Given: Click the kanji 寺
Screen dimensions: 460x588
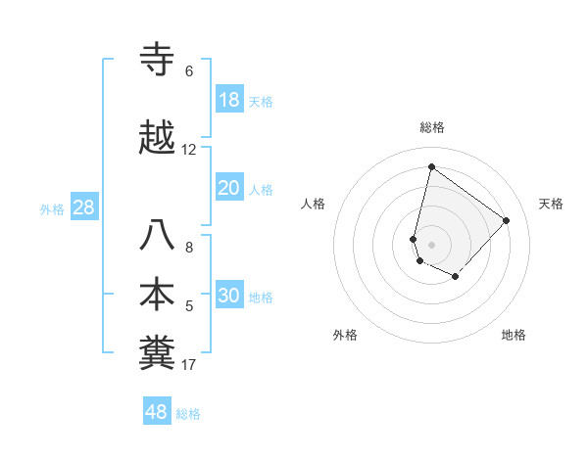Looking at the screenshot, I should click(x=159, y=60).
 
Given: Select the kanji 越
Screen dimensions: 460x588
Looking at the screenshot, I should click(x=159, y=138).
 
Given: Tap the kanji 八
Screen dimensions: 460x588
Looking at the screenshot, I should click(x=159, y=236).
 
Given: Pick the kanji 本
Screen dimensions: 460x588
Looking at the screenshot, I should click(x=159, y=295).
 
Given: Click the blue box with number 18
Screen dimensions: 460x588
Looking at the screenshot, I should click(x=229, y=100).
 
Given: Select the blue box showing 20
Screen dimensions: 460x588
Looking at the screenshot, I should click(x=229, y=188).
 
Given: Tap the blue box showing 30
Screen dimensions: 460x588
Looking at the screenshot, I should click(x=229, y=296).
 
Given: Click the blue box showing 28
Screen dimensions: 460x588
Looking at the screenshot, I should click(x=83, y=207).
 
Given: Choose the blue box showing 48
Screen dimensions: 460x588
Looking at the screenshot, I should click(x=157, y=412).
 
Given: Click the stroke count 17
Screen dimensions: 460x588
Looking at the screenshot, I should click(x=189, y=365).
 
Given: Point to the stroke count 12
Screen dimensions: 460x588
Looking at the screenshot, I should click(x=189, y=150).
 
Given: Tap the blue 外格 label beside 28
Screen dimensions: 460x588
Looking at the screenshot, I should click(x=52, y=208).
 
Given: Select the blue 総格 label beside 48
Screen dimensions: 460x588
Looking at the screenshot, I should click(x=188, y=413).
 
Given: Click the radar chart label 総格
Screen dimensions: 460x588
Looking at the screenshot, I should click(x=432, y=127).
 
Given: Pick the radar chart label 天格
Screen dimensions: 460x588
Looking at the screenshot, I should click(x=552, y=204).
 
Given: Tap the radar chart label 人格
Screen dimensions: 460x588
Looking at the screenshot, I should click(x=313, y=204).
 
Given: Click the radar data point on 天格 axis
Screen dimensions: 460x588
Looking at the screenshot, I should click(x=506, y=220).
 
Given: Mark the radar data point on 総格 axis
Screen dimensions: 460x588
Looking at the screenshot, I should click(x=431, y=166).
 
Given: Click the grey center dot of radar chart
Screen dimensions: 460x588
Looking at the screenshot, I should click(x=431, y=244).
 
